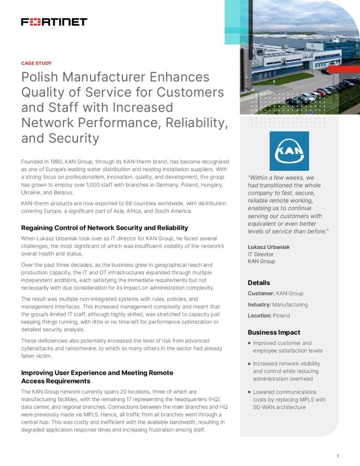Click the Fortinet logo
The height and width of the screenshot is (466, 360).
pos(54,22)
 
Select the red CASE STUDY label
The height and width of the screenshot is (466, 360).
pos(36,63)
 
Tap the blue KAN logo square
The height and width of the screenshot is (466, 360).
pos(289,151)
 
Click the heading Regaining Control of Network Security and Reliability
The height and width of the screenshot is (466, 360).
pos(105,228)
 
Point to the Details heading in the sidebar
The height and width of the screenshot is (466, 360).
pos(259,283)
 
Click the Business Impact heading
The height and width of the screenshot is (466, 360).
pos(274,332)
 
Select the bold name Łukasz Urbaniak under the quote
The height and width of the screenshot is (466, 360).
pos(269,247)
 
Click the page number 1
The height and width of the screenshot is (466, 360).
pos(338,456)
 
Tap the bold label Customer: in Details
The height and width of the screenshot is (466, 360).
pos(261,294)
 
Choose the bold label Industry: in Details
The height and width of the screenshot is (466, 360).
pos(259,304)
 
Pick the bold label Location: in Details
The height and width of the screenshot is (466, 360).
pos(260,315)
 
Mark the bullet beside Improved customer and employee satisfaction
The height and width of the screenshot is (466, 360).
pos(249,344)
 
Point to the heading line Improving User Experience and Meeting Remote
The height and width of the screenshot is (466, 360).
pos(97,373)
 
